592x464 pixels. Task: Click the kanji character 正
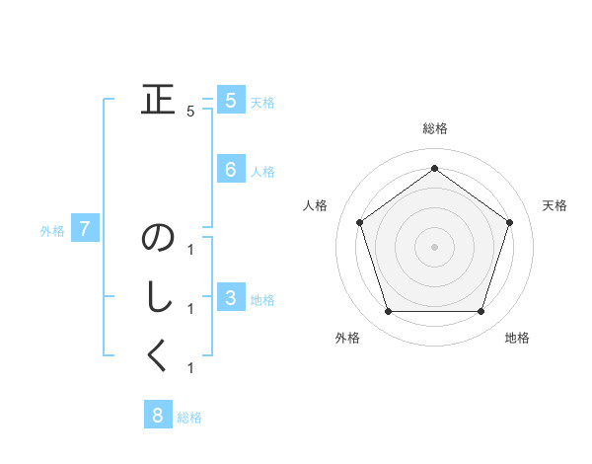point(158,101)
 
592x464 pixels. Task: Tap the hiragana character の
point(158,240)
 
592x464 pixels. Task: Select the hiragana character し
point(158,298)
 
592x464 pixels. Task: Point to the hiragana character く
point(158,356)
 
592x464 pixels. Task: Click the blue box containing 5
point(230,101)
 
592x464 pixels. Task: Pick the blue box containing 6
point(230,170)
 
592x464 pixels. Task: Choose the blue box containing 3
point(230,298)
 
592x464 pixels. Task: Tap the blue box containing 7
point(85,230)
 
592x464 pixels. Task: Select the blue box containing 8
point(157,415)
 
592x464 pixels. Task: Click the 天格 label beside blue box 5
point(262,103)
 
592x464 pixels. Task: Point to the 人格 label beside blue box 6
point(262,172)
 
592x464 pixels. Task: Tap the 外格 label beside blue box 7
point(52,232)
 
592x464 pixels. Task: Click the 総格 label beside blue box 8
point(189,418)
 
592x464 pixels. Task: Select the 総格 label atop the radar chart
point(434,129)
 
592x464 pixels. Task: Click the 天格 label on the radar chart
point(555,205)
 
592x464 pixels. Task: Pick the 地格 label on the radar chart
point(517,339)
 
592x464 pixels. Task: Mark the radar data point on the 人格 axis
point(359,222)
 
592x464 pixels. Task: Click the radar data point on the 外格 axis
point(388,312)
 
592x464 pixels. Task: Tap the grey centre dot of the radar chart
point(434,246)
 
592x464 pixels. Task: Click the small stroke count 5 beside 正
point(190,112)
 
